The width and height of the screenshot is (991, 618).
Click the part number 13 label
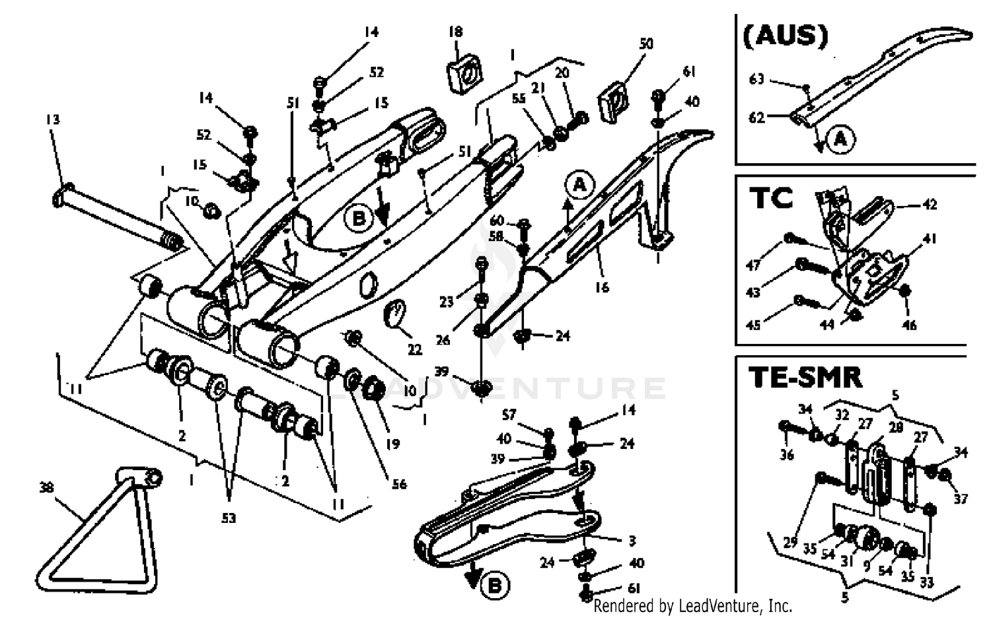pos(53,120)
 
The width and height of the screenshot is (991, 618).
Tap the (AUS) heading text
pos(785,36)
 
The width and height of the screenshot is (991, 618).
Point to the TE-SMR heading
pos(805,377)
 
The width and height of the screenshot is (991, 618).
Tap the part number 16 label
pos(601,287)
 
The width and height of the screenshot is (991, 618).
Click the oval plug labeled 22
pos(395,313)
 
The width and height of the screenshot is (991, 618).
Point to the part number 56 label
pos(399,484)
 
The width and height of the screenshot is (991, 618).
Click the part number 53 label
pos(228,518)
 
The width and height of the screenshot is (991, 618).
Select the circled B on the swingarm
pos(359,218)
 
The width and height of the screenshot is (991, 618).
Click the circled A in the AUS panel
pos(840,139)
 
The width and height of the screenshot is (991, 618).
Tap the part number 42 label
pos(930,205)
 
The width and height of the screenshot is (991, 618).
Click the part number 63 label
pos(756,79)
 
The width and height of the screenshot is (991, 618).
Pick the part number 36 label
pos(786,455)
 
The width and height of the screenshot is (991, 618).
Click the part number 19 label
pos(392,444)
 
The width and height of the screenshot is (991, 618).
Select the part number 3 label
pos(632,541)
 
